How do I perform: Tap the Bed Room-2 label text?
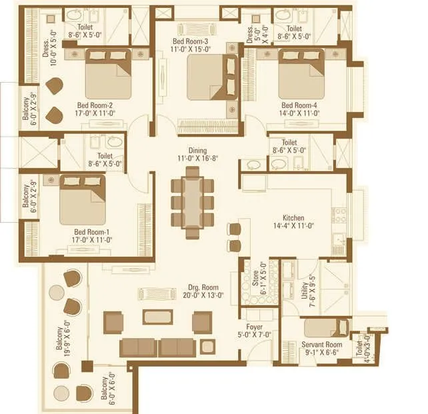[94, 106]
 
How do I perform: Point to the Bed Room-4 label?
[299, 105]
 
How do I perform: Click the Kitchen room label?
[294, 217]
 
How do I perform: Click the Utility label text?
[304, 289]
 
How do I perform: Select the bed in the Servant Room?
[325, 327]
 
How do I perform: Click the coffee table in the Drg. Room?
[157, 317]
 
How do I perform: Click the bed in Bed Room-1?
[82, 199]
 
